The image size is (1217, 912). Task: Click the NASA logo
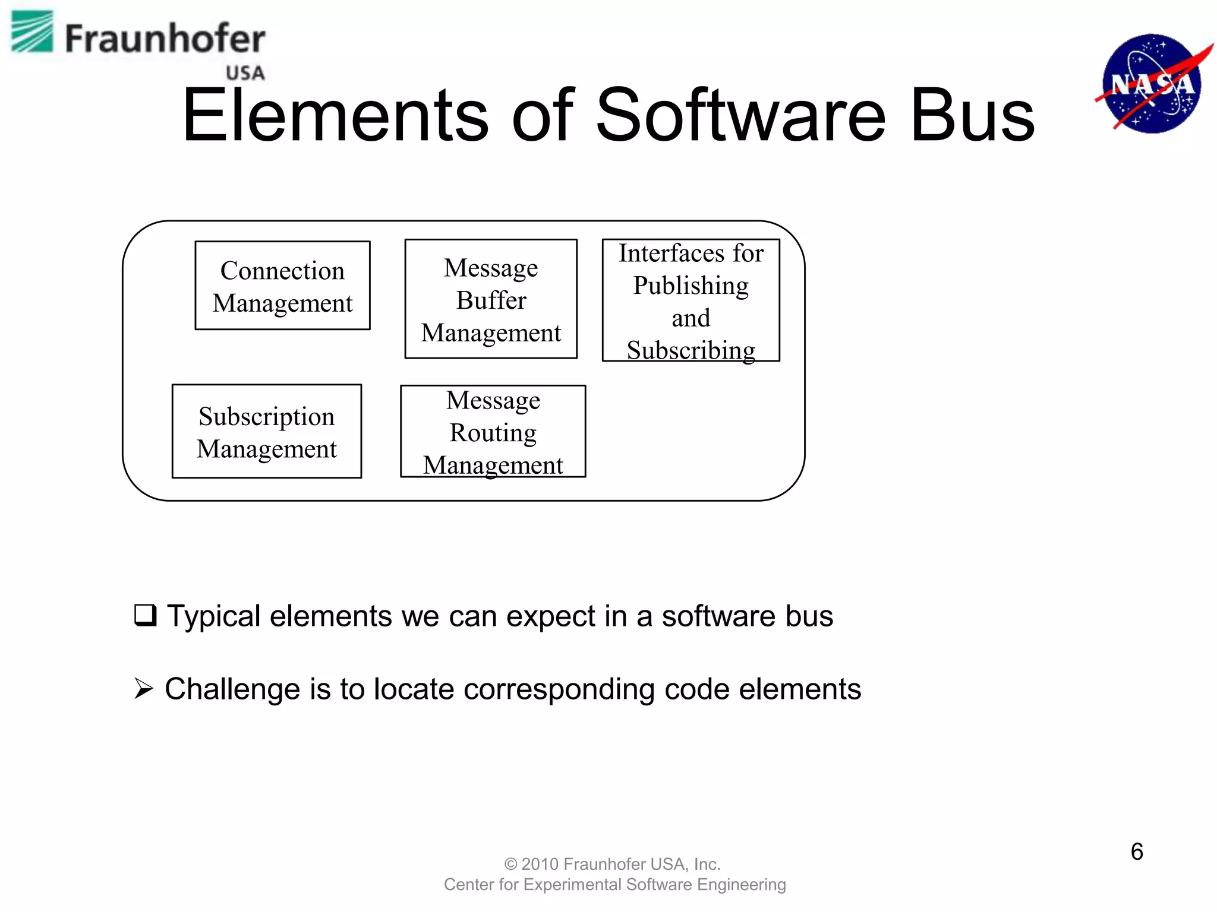[1152, 83]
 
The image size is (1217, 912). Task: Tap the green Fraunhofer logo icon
[32, 32]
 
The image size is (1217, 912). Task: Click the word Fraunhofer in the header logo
[165, 39]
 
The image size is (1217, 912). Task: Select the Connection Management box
[282, 286]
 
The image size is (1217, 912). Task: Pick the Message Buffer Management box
[491, 299]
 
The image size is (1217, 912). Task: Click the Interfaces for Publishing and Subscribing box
[691, 300]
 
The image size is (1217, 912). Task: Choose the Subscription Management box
[266, 431]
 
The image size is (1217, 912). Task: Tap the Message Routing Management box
[493, 432]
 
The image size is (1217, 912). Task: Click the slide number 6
[1136, 851]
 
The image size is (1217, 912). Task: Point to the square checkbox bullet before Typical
[145, 615]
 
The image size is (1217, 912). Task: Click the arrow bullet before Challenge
[144, 689]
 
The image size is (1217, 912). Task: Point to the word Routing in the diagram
[493, 433]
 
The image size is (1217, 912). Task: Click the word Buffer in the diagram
[491, 300]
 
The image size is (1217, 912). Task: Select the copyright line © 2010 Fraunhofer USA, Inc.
[612, 863]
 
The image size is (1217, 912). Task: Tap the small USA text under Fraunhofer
[245, 73]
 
